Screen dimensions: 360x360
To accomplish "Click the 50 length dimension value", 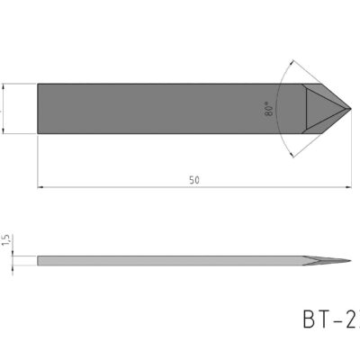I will (194, 180).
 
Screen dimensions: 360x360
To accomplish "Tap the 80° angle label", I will (269, 110).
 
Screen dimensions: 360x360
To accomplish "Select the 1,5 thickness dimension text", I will (5, 240).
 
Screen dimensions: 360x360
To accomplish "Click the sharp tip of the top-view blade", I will (351, 108).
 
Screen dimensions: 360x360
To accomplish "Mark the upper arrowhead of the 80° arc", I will (296, 64).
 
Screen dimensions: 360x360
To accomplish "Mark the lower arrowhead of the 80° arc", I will (296, 152).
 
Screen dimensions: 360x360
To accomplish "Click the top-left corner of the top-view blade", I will (38, 84).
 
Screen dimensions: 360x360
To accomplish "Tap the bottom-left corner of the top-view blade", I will (38, 133).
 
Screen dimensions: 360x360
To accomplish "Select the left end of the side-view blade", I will (38, 261).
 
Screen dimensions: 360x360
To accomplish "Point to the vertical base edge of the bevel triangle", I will (306, 108).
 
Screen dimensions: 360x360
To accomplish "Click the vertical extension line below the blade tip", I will (351, 153).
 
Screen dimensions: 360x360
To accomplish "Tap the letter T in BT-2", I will (323, 321).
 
